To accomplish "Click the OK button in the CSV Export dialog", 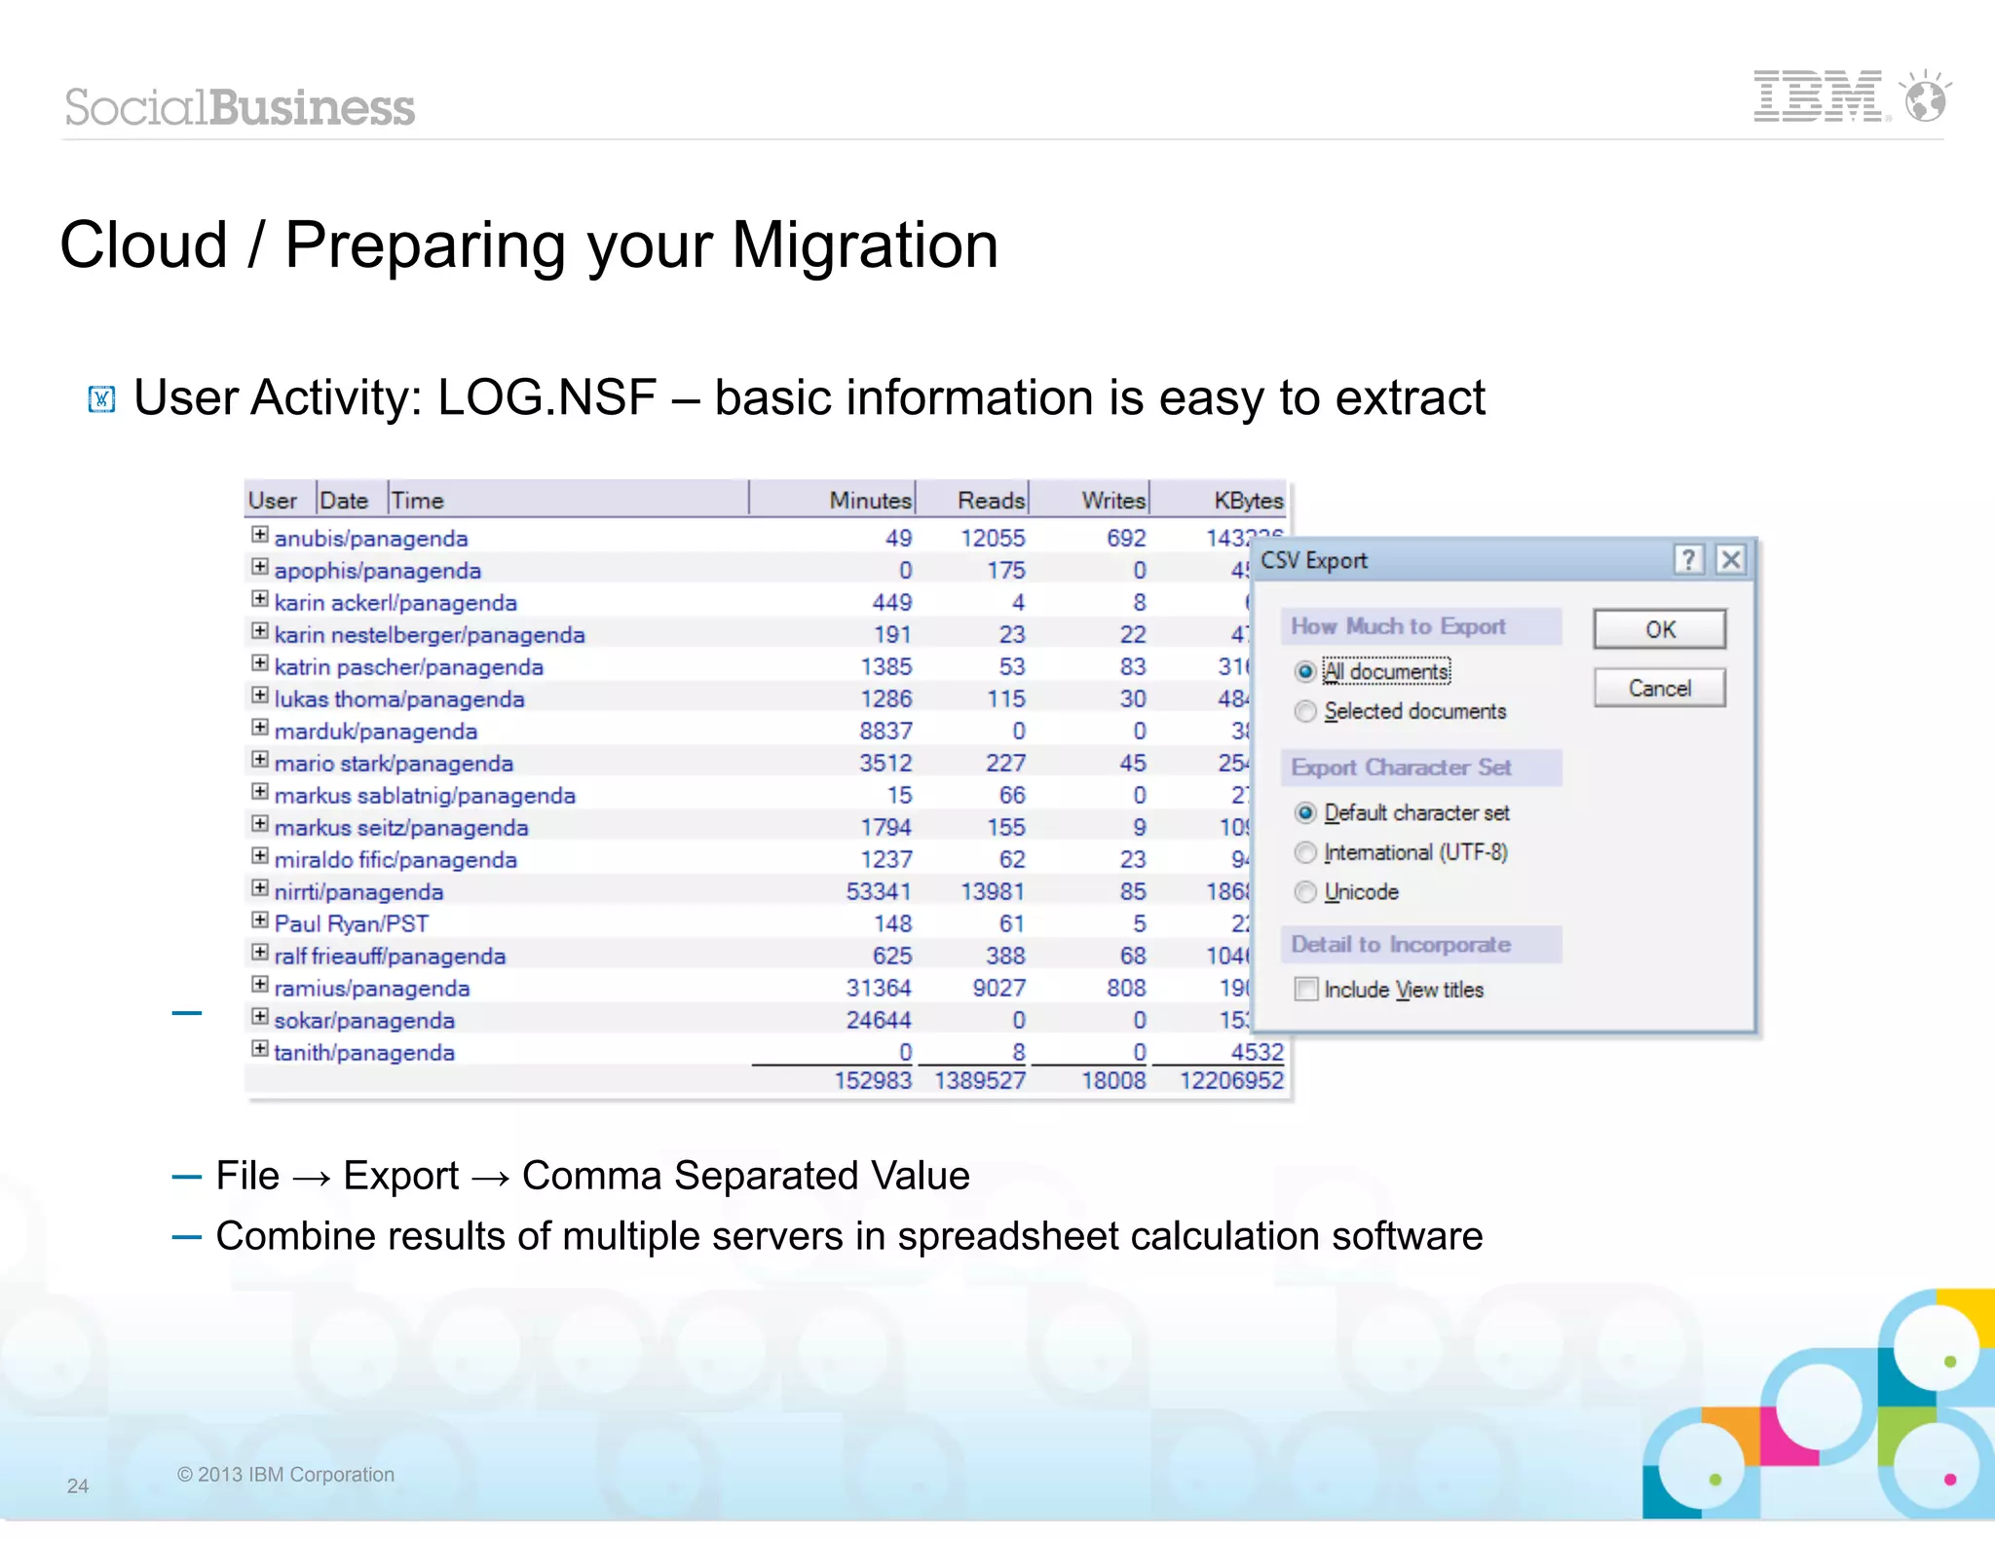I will (x=1659, y=629).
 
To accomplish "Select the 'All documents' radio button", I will (x=1305, y=672).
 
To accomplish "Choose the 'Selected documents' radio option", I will (x=1305, y=712).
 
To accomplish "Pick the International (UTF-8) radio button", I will (x=1305, y=853).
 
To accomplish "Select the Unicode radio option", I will (x=1305, y=892).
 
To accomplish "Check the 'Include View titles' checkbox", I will (x=1306, y=990).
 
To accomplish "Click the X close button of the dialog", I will (x=1730, y=560).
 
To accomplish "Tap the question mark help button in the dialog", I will (x=1688, y=560).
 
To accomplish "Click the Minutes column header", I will (x=869, y=501).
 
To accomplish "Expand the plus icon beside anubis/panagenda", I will (x=259, y=535).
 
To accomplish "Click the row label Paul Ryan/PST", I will (x=351, y=923).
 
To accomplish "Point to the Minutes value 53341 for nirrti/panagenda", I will (x=879, y=891).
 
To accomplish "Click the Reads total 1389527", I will (x=979, y=1080).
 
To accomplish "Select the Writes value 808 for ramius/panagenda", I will (x=1126, y=988).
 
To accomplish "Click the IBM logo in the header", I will (x=1818, y=96).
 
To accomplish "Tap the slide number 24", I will (x=78, y=1485).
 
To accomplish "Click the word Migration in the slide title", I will (x=864, y=244).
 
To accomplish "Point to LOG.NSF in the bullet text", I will (x=546, y=397).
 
